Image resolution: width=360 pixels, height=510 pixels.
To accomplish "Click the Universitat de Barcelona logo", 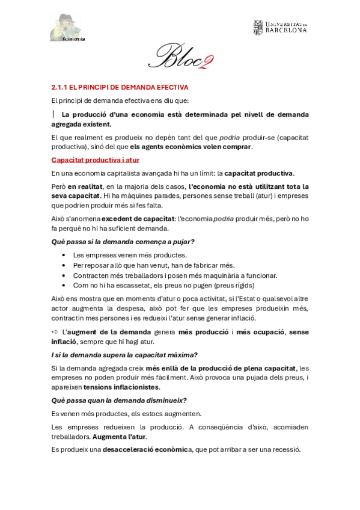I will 279,27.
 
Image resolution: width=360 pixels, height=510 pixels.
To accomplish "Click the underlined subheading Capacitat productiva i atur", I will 95,159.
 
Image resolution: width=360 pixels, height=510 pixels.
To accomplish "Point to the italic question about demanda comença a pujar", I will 123,241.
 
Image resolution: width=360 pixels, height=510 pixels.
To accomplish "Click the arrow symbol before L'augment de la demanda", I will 55,332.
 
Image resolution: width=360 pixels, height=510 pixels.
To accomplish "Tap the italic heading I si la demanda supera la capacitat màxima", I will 124,354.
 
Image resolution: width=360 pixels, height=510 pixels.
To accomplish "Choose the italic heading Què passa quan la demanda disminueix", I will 119,400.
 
